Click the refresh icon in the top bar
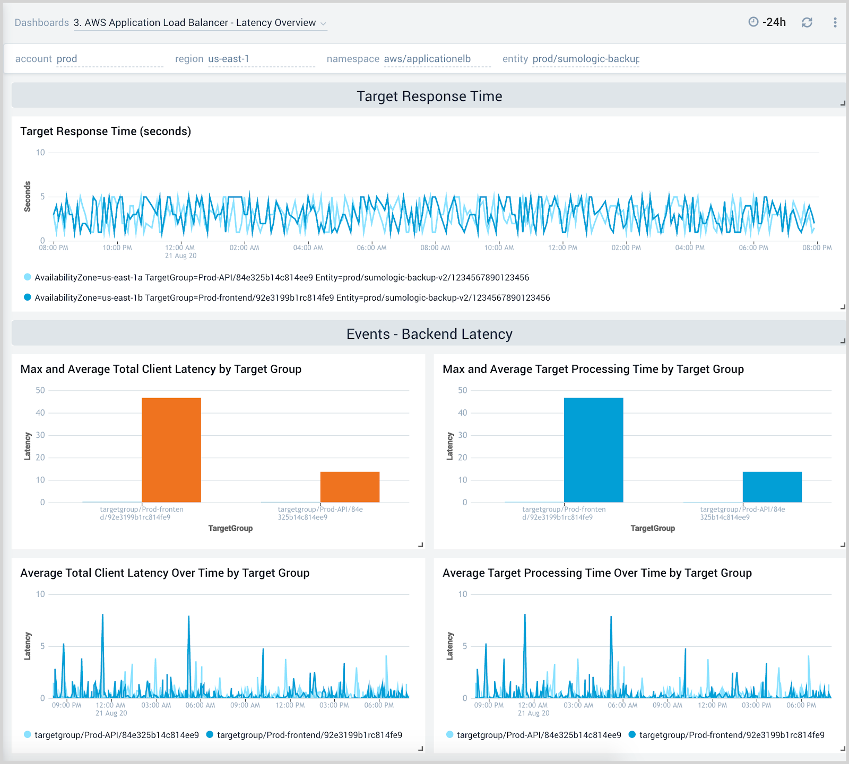click(x=807, y=22)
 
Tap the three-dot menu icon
click(x=835, y=22)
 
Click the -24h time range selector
click(x=767, y=22)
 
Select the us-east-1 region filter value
click(x=228, y=59)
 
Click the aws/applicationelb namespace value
click(x=427, y=59)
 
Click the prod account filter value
click(x=67, y=59)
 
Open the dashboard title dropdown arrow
click(x=323, y=23)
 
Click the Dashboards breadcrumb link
click(x=41, y=22)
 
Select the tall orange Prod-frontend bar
click(x=171, y=450)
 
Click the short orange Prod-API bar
click(x=350, y=487)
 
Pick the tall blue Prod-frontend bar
click(x=593, y=450)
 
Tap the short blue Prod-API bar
click(x=772, y=487)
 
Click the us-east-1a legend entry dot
click(x=28, y=277)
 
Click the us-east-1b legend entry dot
click(x=28, y=297)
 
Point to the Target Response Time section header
click(x=429, y=96)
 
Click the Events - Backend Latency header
click(x=429, y=334)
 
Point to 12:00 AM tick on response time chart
click(x=180, y=248)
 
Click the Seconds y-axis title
click(x=28, y=197)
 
